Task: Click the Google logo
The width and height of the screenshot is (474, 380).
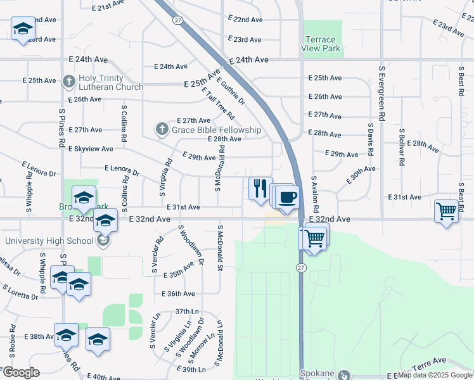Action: [x=21, y=372]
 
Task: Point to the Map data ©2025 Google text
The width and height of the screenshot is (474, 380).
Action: [x=435, y=375]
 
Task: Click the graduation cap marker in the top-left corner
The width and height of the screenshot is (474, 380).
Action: [x=23, y=29]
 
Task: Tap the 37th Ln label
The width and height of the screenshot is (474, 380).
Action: [x=187, y=311]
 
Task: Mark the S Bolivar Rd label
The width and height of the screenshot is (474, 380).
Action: [x=401, y=147]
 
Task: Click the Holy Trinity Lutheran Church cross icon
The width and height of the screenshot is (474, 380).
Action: [x=70, y=82]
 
